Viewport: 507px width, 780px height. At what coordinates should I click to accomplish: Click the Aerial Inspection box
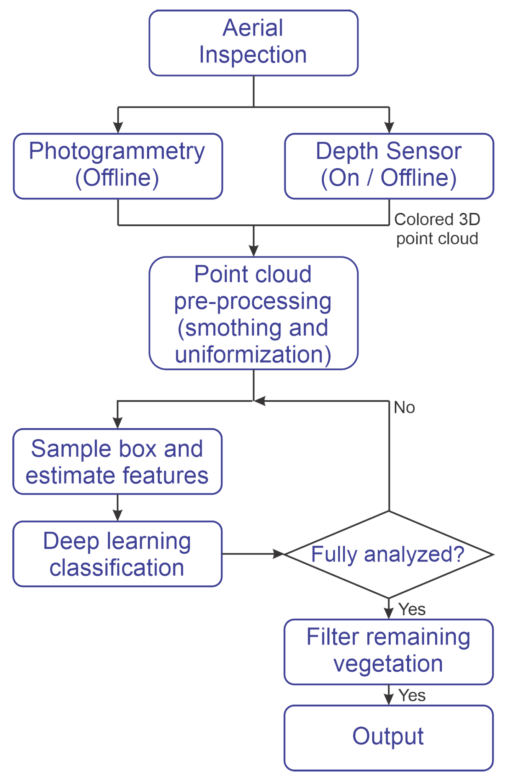(x=253, y=43)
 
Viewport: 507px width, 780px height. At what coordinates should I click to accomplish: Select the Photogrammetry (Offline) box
(x=118, y=166)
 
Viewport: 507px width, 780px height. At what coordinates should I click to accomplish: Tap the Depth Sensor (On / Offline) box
(x=389, y=166)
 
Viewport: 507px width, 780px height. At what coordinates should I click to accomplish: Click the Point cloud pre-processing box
(x=253, y=313)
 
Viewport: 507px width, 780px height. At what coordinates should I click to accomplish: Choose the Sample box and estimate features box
(x=117, y=461)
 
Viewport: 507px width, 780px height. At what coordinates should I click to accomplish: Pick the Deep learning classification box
(x=117, y=554)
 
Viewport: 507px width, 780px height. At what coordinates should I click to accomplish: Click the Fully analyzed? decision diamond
(x=388, y=554)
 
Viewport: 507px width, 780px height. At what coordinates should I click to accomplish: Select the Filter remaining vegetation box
(x=388, y=651)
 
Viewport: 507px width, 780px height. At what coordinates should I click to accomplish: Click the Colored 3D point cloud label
(x=437, y=229)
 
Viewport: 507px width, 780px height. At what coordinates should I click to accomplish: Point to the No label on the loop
(x=404, y=407)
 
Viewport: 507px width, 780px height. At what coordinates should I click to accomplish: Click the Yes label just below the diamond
(x=412, y=609)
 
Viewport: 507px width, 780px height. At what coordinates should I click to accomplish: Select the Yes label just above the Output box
(x=412, y=695)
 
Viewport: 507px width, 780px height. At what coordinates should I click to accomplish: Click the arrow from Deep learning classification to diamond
(x=253, y=554)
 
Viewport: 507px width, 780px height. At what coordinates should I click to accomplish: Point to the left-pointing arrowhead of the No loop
(x=260, y=401)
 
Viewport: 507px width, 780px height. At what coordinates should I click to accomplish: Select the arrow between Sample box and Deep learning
(x=118, y=508)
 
